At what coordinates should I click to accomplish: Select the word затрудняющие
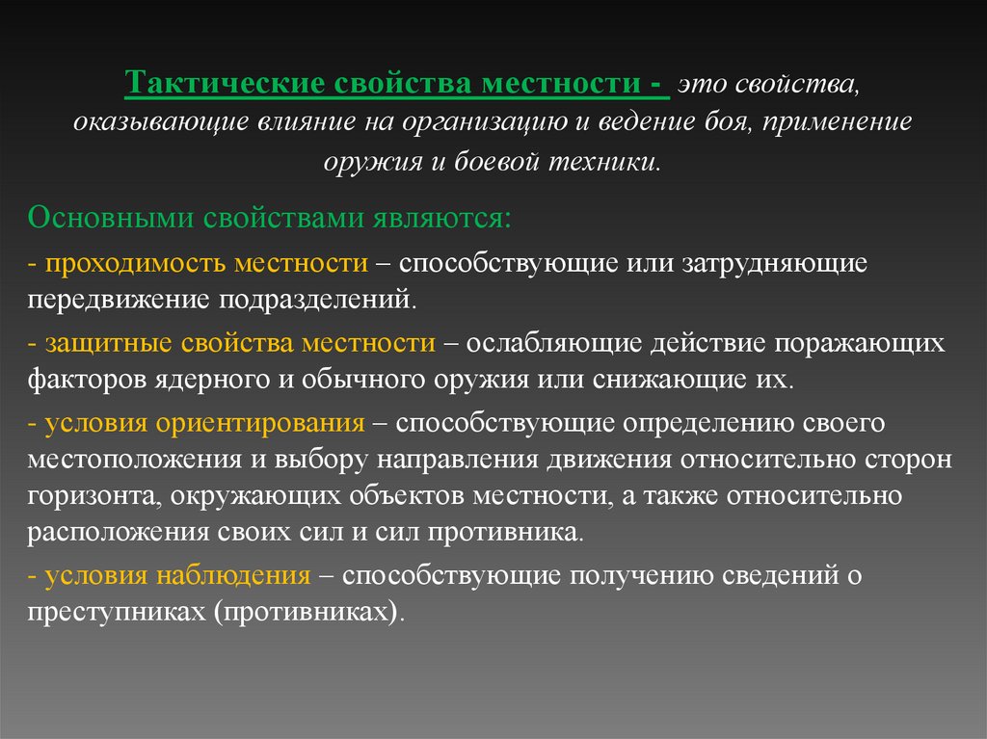(x=786, y=263)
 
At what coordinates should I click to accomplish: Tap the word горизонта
(x=87, y=495)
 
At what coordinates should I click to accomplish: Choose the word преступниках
(x=108, y=612)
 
